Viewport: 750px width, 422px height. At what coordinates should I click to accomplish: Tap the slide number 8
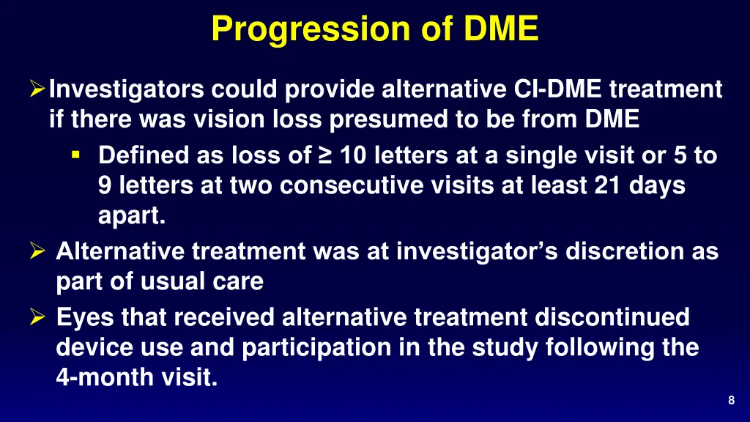click(x=732, y=399)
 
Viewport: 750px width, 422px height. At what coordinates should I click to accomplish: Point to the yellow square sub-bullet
click(x=75, y=155)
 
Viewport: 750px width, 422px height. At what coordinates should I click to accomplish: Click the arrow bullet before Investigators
click(x=37, y=90)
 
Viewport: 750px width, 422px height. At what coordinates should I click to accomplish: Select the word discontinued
click(x=611, y=318)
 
